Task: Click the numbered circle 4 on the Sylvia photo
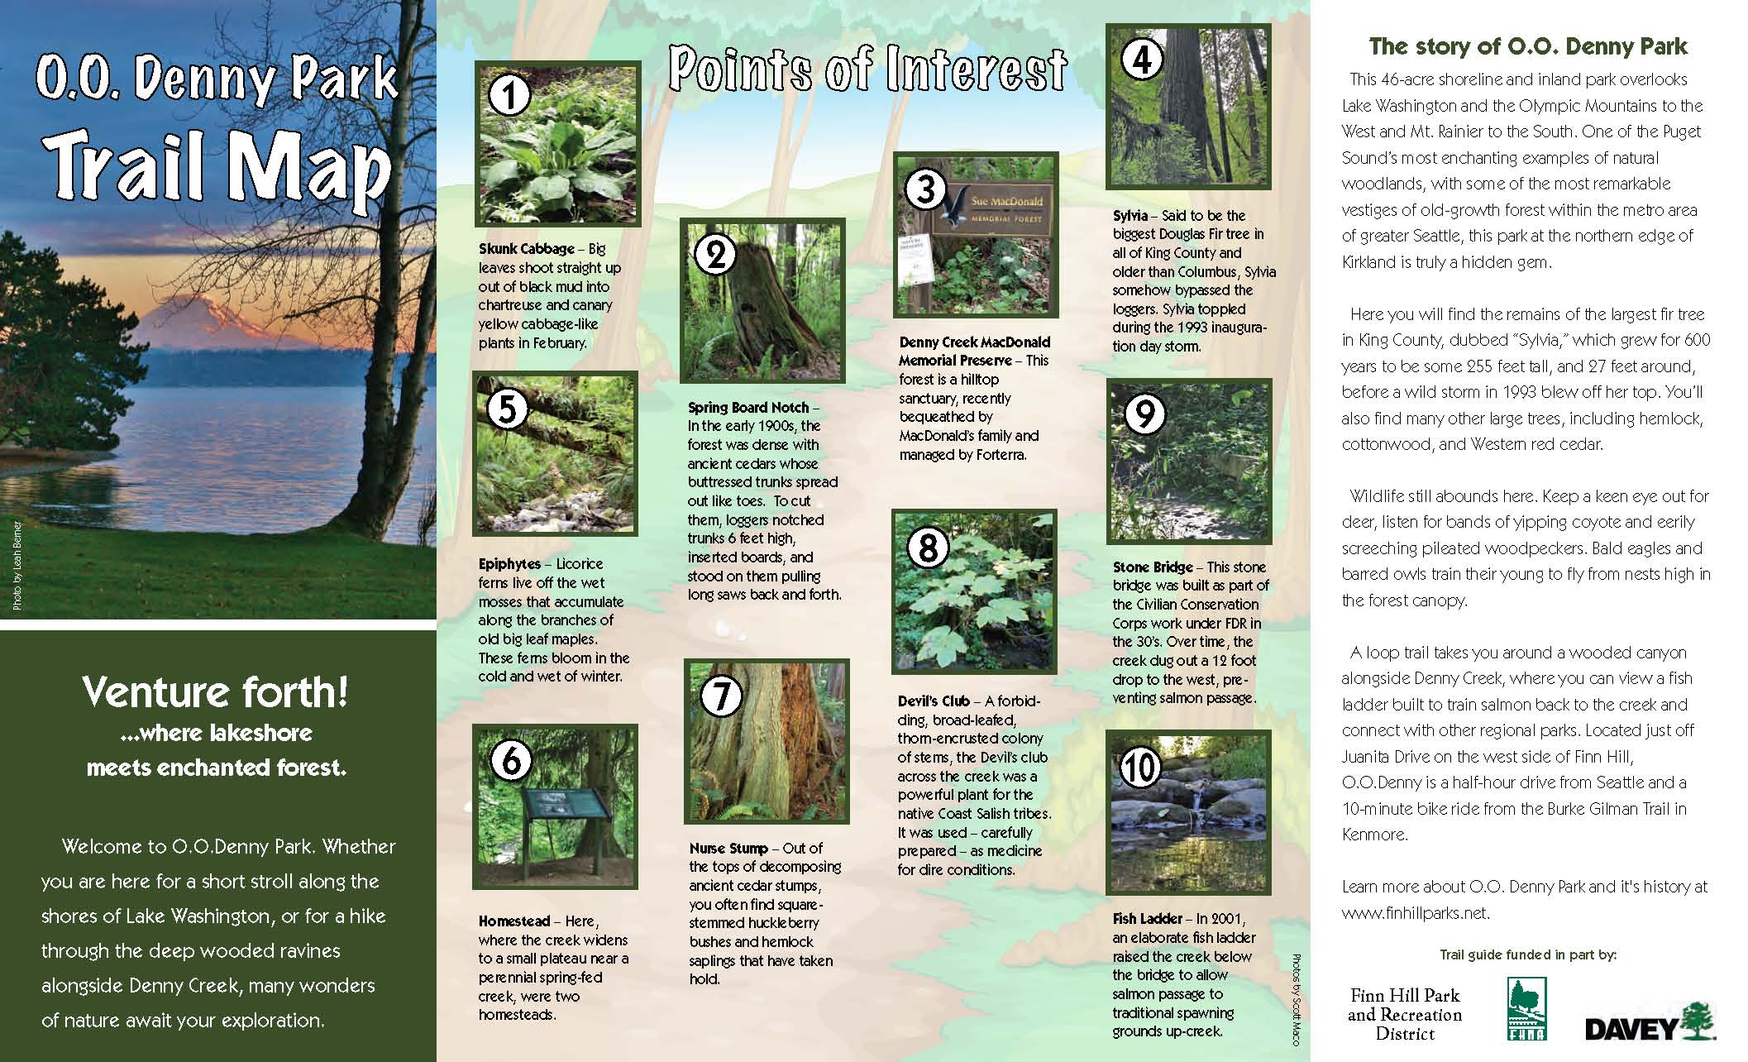tap(1142, 59)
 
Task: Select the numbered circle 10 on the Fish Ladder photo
tap(1139, 768)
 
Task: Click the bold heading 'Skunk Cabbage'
tap(526, 248)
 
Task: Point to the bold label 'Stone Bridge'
tap(1153, 567)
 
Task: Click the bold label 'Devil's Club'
tap(934, 701)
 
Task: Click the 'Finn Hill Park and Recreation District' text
tap(1404, 1014)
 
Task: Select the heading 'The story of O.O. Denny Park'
tap(1527, 46)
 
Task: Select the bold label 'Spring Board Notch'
tap(747, 407)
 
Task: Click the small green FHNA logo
tap(1526, 1008)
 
